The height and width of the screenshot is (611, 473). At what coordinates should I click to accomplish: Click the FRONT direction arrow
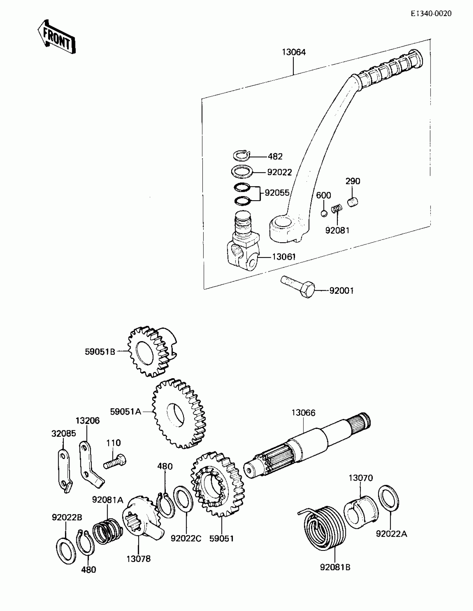[x=57, y=37]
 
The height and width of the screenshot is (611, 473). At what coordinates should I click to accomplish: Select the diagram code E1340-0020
[x=431, y=13]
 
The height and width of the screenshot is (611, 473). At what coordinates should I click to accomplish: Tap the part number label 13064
[x=294, y=52]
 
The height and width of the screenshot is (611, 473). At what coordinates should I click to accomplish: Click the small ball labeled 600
[x=324, y=214]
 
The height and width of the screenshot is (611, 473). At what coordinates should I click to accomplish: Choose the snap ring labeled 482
[x=242, y=156]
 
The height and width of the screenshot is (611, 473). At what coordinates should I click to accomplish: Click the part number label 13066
[x=303, y=413]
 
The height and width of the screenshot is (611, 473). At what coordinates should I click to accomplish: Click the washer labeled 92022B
[x=66, y=551]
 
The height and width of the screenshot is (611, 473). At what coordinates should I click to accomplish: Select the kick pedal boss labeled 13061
[x=242, y=249]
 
